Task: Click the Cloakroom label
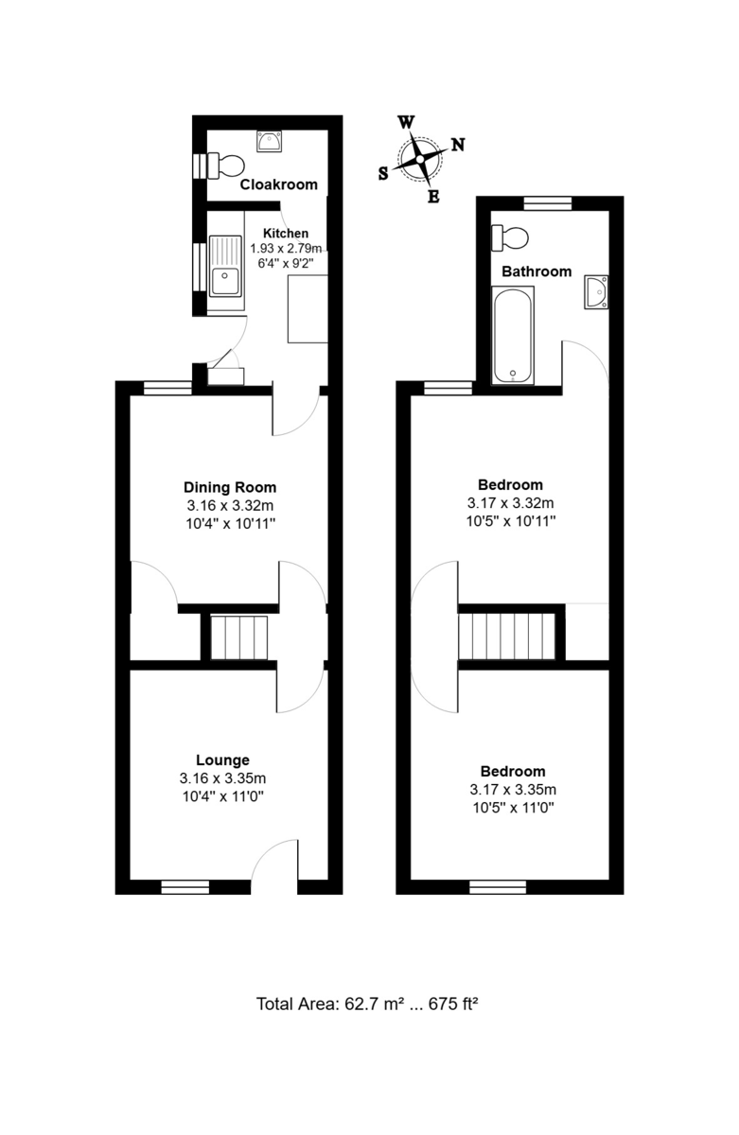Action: (278, 184)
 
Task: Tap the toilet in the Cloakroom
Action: (226, 166)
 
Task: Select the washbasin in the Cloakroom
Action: (269, 141)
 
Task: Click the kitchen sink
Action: (225, 266)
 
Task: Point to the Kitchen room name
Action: (286, 233)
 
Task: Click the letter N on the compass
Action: (458, 145)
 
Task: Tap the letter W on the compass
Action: (407, 122)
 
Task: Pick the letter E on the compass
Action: (433, 196)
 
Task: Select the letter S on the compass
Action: (383, 174)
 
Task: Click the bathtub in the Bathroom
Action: (513, 336)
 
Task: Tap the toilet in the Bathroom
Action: (510, 237)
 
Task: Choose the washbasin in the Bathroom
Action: (596, 292)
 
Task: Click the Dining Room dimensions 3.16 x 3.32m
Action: (230, 505)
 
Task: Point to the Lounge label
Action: (222, 760)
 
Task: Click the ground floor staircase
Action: (238, 637)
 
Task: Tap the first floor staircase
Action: (506, 637)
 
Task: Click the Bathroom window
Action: (548, 203)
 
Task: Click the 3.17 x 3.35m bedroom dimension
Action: (513, 790)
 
